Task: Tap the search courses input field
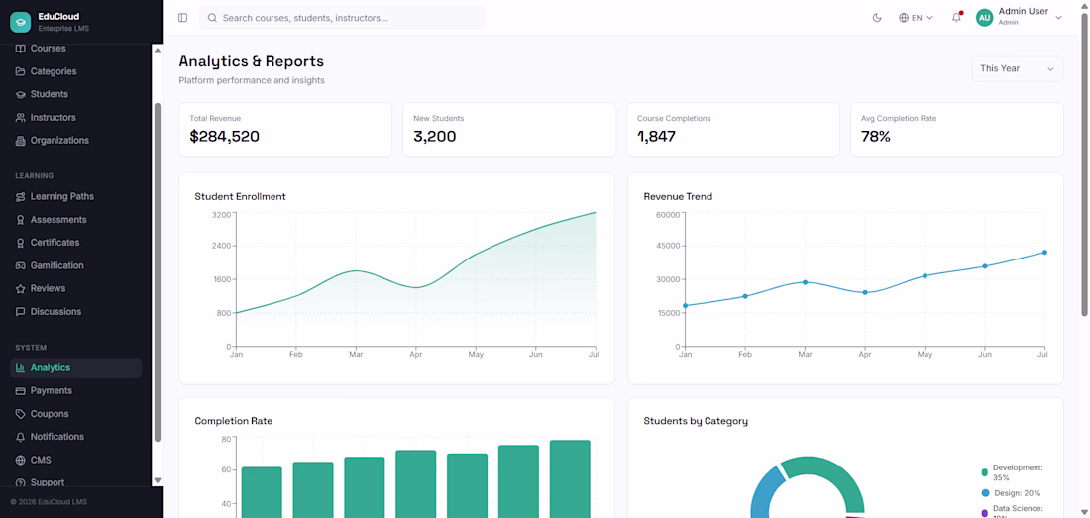pyautogui.click(x=342, y=18)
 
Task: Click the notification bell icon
pyautogui.click(x=956, y=18)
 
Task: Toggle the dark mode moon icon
pyautogui.click(x=877, y=18)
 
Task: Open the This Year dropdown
pyautogui.click(x=1017, y=68)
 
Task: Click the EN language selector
pyautogui.click(x=916, y=18)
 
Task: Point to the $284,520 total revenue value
pyautogui.click(x=225, y=136)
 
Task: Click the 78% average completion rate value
pyautogui.click(x=875, y=136)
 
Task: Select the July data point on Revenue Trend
pyautogui.click(x=1044, y=252)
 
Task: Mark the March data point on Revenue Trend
pyautogui.click(x=805, y=282)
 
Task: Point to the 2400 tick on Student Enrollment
pyautogui.click(x=221, y=246)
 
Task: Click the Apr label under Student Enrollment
pyautogui.click(x=415, y=355)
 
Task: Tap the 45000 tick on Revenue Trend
pyautogui.click(x=667, y=246)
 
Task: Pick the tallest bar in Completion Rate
pyautogui.click(x=570, y=479)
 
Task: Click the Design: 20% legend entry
pyautogui.click(x=1011, y=493)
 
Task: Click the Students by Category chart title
pyautogui.click(x=696, y=421)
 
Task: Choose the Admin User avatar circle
pyautogui.click(x=984, y=18)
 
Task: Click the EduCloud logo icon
pyautogui.click(x=21, y=22)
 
